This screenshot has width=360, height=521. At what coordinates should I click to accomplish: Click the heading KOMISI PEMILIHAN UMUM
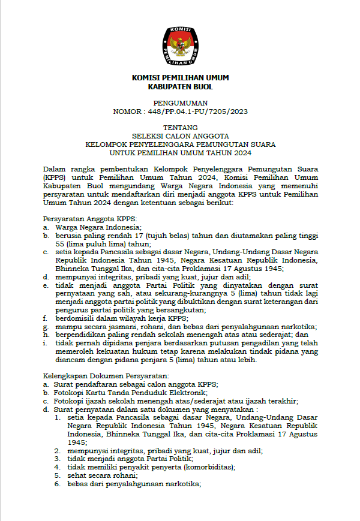point(180,78)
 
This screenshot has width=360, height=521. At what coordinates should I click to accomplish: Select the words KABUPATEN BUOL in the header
point(180,87)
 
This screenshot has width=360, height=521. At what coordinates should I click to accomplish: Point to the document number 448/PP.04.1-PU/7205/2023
point(197,112)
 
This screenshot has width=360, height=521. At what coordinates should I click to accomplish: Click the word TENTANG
point(180,128)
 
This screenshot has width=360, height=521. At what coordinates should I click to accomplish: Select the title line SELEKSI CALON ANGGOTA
point(180,136)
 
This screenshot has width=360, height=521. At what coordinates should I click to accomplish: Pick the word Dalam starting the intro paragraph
point(53,170)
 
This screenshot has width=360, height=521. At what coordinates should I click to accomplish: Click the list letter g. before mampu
point(46,327)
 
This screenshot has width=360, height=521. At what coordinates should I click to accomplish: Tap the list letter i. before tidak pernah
point(45,343)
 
